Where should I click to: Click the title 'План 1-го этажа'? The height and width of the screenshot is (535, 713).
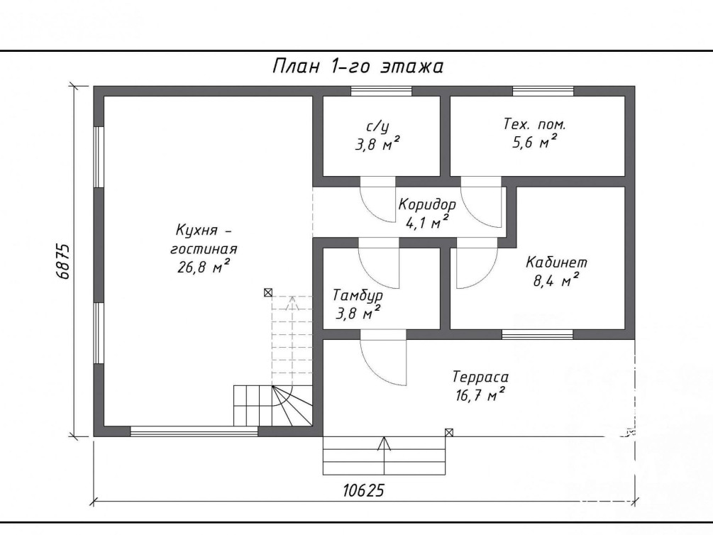click(358, 67)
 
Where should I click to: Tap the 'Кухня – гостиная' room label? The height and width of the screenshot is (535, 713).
click(204, 240)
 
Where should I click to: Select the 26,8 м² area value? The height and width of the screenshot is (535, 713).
click(204, 266)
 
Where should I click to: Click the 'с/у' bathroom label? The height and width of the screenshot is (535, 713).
click(377, 126)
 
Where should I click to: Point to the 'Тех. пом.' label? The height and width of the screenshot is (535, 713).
click(535, 124)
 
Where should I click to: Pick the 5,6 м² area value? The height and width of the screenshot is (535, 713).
click(535, 142)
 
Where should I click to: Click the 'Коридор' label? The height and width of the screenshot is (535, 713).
click(427, 204)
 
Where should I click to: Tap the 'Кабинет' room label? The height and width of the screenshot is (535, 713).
click(557, 262)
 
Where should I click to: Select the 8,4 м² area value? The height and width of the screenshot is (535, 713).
click(556, 280)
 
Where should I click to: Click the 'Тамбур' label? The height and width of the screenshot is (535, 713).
click(358, 296)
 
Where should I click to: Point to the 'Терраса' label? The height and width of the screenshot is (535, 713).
click(480, 377)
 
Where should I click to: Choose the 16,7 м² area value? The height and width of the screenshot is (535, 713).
click(480, 395)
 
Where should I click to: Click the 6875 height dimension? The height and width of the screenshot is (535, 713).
click(62, 261)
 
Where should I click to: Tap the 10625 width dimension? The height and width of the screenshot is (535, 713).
click(363, 490)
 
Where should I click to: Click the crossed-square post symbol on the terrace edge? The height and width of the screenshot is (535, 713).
click(449, 432)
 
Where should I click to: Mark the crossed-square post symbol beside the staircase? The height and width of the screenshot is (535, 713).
click(268, 292)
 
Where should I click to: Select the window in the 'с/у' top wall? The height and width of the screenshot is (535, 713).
click(381, 91)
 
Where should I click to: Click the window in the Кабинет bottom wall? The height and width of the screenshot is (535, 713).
click(538, 334)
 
